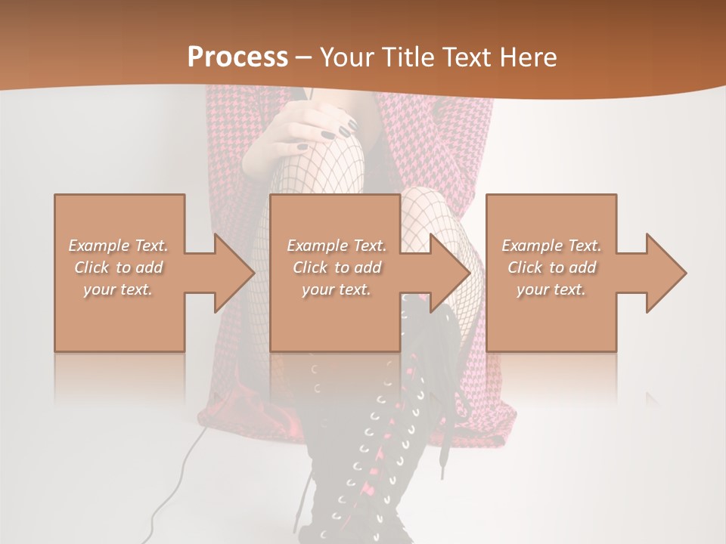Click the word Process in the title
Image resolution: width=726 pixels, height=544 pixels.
click(237, 57)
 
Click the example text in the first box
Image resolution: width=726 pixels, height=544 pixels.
click(119, 267)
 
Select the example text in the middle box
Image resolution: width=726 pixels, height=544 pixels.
click(337, 267)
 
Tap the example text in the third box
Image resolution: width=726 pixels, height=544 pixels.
click(551, 267)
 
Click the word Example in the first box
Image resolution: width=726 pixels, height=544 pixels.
click(98, 246)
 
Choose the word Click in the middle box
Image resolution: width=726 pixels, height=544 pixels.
click(309, 267)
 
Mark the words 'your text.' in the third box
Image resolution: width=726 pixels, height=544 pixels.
click(551, 289)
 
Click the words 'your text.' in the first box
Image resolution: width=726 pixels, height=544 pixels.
click(119, 289)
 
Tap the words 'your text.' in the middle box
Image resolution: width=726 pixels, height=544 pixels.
click(337, 289)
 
